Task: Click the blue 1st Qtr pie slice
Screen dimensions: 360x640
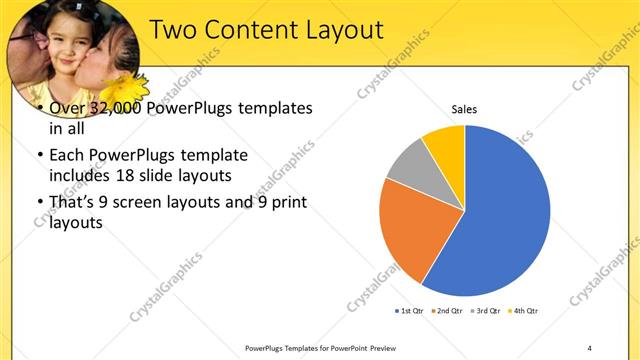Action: tap(505, 215)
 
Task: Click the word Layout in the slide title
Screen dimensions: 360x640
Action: tap(336, 30)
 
